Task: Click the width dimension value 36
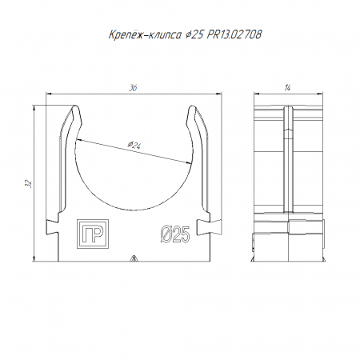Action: (x=133, y=88)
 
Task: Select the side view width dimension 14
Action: (x=287, y=88)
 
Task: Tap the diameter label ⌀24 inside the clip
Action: (x=134, y=145)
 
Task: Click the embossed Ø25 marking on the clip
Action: (x=175, y=234)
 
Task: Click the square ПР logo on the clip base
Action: (x=93, y=234)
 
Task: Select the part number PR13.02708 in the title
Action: (x=234, y=34)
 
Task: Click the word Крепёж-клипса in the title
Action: (x=144, y=34)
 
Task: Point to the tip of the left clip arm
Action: (x=76, y=106)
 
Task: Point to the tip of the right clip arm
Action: (x=192, y=106)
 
